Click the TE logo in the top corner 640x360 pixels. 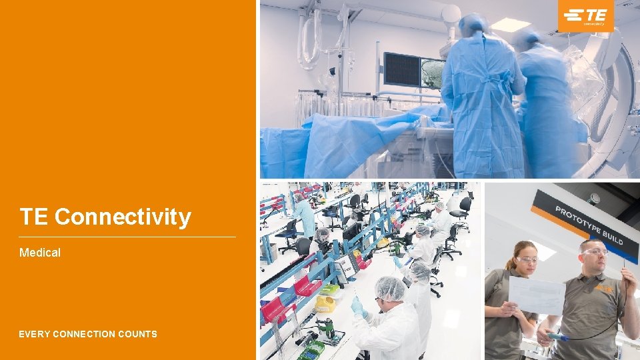[586, 16]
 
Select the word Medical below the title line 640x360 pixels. [40, 253]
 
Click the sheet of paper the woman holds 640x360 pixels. [537, 295]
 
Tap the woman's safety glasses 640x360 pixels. [526, 259]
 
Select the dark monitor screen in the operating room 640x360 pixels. [401, 70]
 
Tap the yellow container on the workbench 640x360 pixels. [325, 304]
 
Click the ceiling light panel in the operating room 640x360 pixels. [510, 24]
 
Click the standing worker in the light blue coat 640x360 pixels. [306, 217]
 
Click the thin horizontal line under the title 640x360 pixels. [127, 237]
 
